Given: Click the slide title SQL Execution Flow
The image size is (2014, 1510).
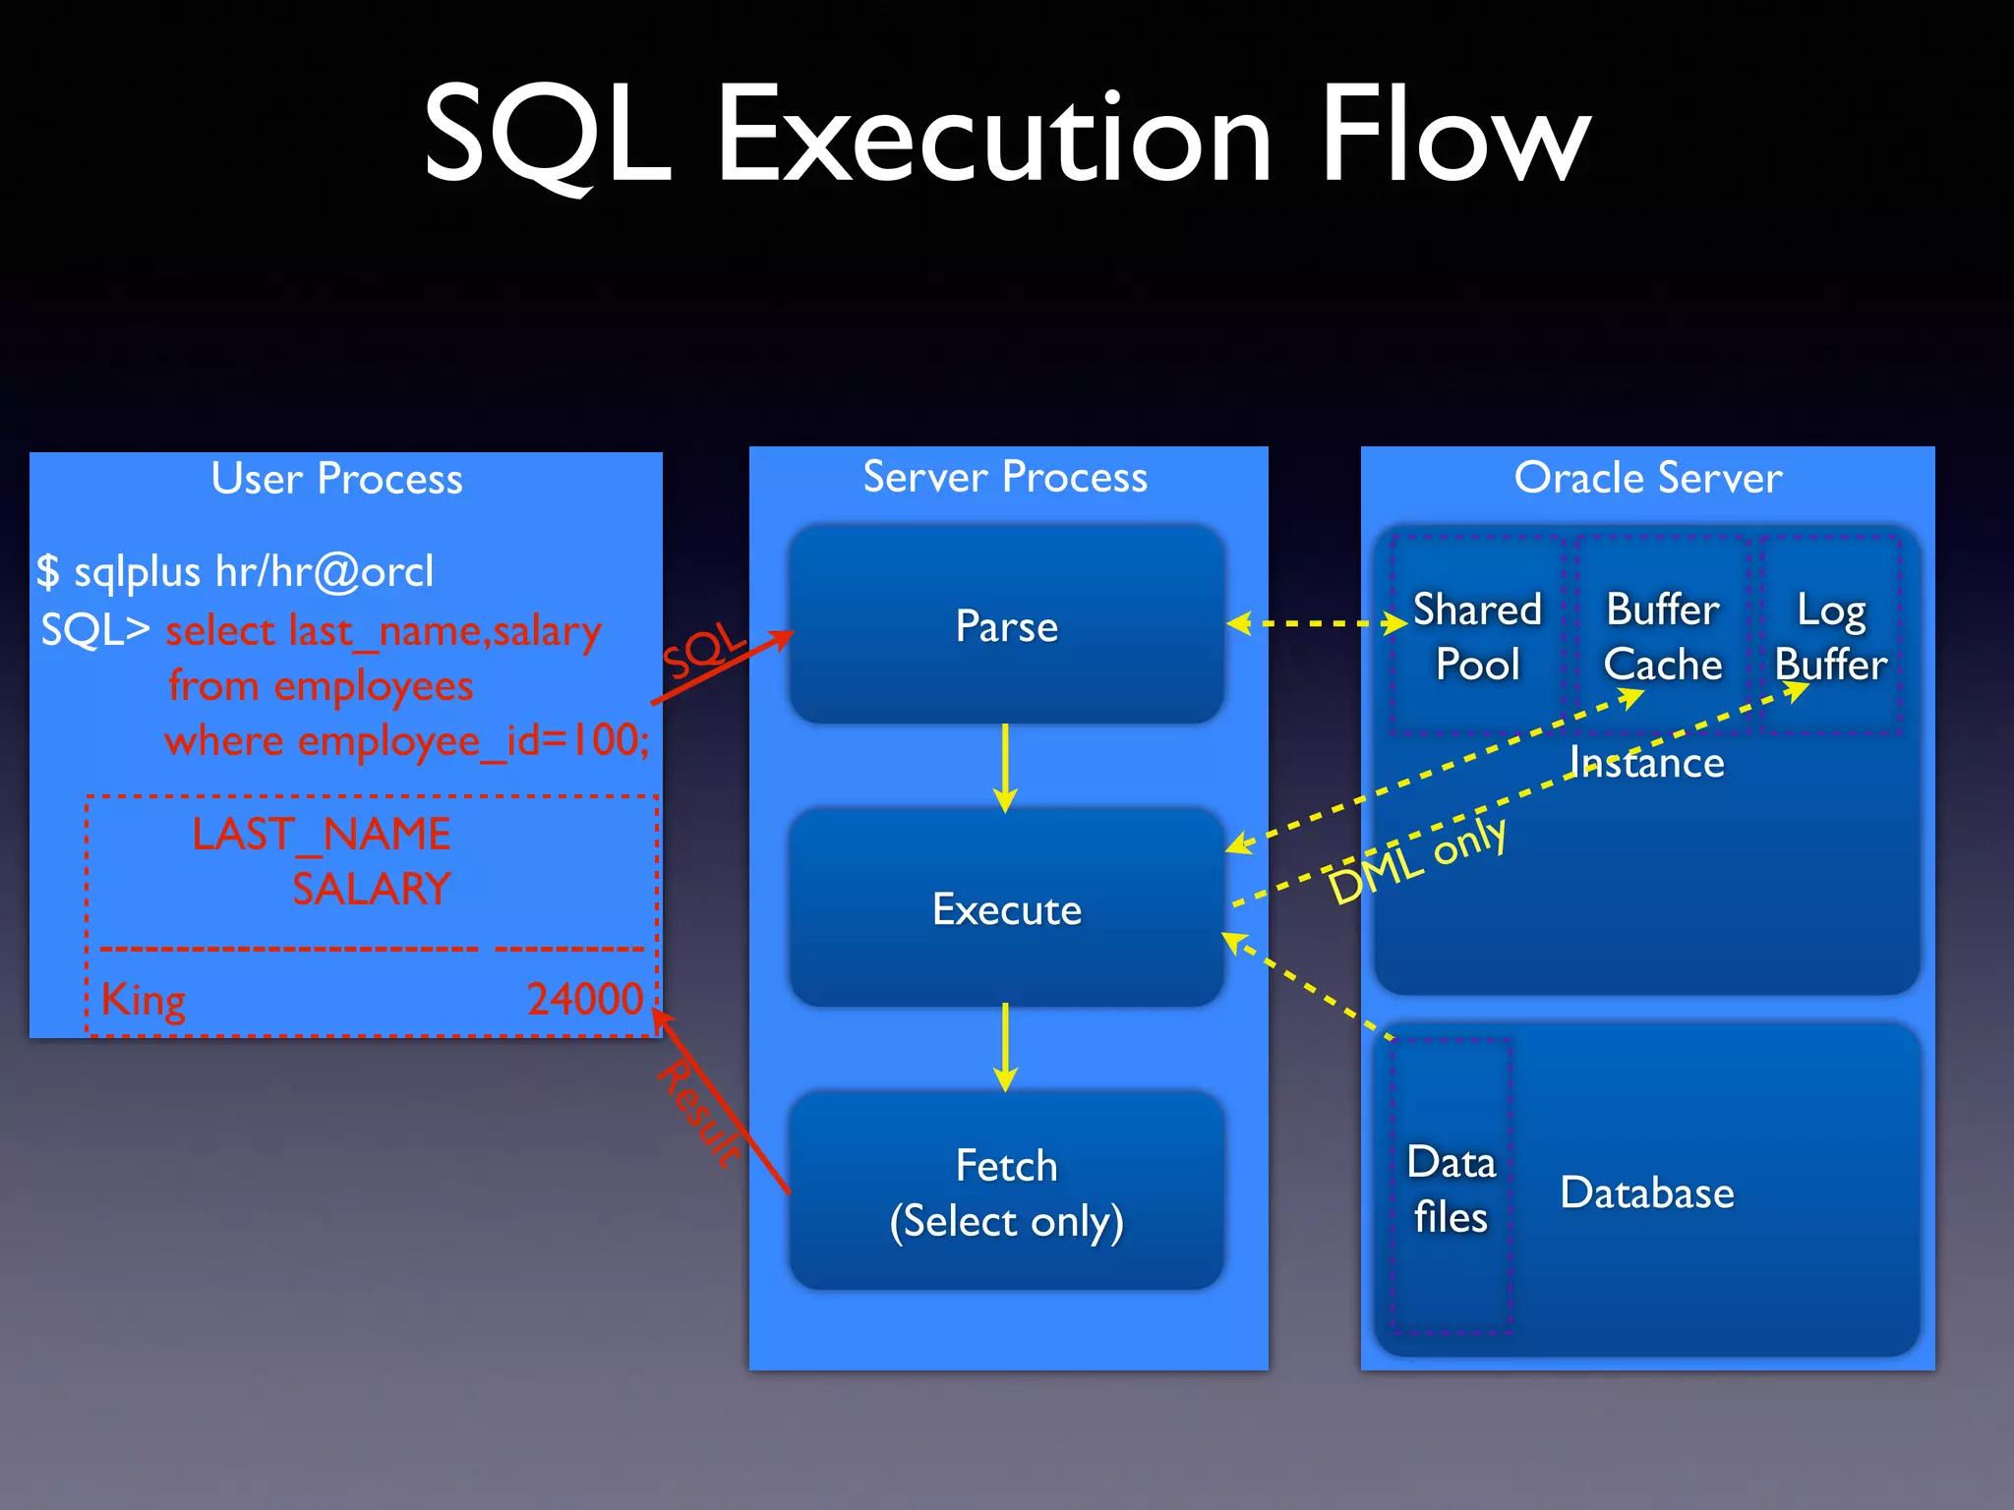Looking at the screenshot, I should pos(1006,135).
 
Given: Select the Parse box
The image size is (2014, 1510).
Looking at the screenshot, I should pos(1006,625).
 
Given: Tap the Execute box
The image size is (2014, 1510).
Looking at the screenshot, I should pos(1006,908).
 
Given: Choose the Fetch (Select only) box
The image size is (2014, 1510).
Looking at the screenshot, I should pos(1006,1191).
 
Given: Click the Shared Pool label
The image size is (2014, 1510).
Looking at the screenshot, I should pos(1477,636).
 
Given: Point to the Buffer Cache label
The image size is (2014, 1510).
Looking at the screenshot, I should pos(1663,636).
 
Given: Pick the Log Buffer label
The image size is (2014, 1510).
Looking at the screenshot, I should pos(1830,636).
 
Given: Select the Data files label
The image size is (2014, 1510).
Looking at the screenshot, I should pos(1451,1189).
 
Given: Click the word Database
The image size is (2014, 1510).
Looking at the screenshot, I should pos(1647,1192).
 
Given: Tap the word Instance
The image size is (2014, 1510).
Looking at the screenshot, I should pos(1647,763).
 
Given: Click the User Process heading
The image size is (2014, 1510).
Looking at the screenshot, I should pos(336,479).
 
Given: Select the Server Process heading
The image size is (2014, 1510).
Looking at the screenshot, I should pos(1005,477).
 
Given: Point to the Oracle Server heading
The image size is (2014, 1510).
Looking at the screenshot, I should pos(1647,478).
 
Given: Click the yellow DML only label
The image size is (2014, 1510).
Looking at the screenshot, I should pos(1417,859).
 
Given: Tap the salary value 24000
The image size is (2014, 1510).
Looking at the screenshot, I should pos(585,999).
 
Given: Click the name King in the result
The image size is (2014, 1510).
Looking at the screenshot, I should pos(144,1000).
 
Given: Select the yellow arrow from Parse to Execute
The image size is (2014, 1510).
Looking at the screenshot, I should pos(1005,768).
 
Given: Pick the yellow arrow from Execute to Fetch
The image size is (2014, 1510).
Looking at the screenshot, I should pos(1005,1047).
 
